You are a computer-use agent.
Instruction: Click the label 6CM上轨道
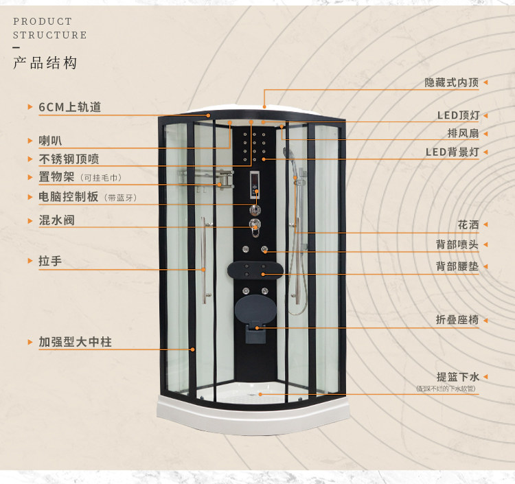(70, 107)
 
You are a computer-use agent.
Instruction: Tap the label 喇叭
(50, 141)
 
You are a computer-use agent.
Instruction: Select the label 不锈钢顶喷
(69, 159)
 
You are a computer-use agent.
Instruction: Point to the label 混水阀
(56, 220)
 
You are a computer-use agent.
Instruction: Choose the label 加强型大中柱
(75, 341)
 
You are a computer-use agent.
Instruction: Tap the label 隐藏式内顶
(451, 82)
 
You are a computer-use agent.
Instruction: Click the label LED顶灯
(458, 115)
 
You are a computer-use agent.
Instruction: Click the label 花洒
(468, 224)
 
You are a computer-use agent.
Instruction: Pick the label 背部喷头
(457, 244)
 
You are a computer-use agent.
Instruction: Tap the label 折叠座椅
(457, 320)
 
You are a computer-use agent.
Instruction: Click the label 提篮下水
(457, 377)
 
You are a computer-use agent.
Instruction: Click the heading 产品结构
(45, 64)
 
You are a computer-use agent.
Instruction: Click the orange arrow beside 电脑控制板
(30, 196)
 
